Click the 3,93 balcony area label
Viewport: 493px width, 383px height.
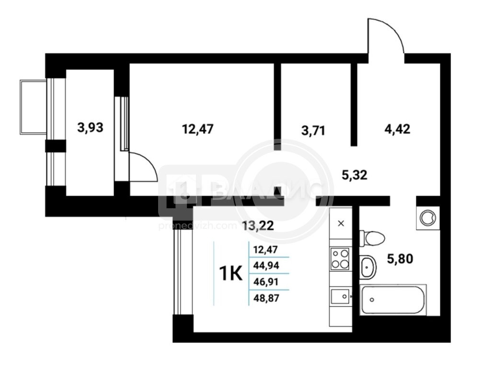90,128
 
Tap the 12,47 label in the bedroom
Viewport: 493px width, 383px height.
198,129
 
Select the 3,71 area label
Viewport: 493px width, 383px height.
313,130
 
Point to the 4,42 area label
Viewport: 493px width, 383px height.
398,129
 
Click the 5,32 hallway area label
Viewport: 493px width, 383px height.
355,175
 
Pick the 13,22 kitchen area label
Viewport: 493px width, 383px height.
258,225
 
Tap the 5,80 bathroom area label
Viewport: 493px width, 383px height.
400,259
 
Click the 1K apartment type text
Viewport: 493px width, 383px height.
231,273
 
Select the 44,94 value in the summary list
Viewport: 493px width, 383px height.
266,266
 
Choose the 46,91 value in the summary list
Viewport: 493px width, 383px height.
266,282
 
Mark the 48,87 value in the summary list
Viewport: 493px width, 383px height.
266,298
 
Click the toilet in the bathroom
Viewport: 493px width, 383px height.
372,238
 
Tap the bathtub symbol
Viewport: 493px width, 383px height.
393,300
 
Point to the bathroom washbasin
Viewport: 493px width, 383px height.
367,267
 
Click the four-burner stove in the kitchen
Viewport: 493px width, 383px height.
340,259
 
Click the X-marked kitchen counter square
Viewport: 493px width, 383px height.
341,224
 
